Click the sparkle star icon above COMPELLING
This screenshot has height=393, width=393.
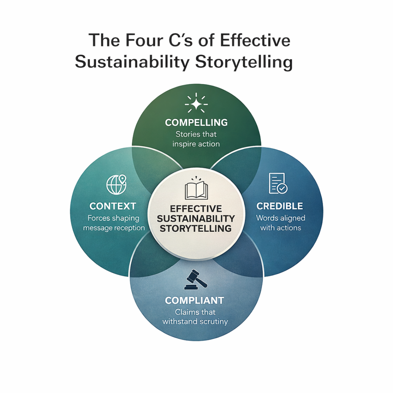tap(196, 103)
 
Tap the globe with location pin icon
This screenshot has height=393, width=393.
tap(116, 184)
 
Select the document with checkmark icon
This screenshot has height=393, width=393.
tap(278, 183)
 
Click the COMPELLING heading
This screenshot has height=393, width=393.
tap(196, 123)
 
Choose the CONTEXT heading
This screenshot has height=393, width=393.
tap(113, 206)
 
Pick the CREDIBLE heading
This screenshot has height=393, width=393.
tap(279, 206)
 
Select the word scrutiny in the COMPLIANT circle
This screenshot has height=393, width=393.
tap(211, 322)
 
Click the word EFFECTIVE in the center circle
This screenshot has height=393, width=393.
tap(196, 209)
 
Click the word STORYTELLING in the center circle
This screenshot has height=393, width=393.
tap(196, 228)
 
